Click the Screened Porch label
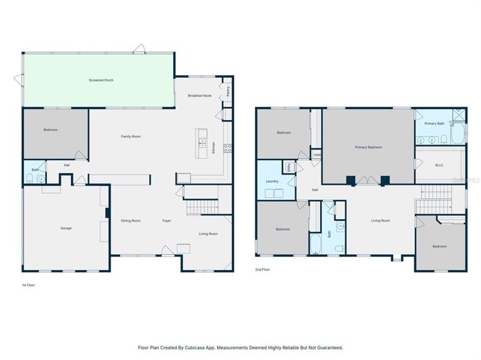(101, 80)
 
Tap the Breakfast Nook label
(199, 95)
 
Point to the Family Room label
(130, 136)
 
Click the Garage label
(65, 228)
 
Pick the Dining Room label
(130, 220)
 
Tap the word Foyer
(166, 220)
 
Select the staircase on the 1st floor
(201, 205)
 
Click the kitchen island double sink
(202, 143)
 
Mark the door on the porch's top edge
(139, 49)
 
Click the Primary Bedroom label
(368, 147)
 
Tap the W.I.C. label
(439, 164)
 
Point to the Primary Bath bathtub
(457, 134)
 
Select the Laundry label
(272, 181)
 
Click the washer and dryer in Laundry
(275, 194)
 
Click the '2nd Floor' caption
(263, 269)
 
